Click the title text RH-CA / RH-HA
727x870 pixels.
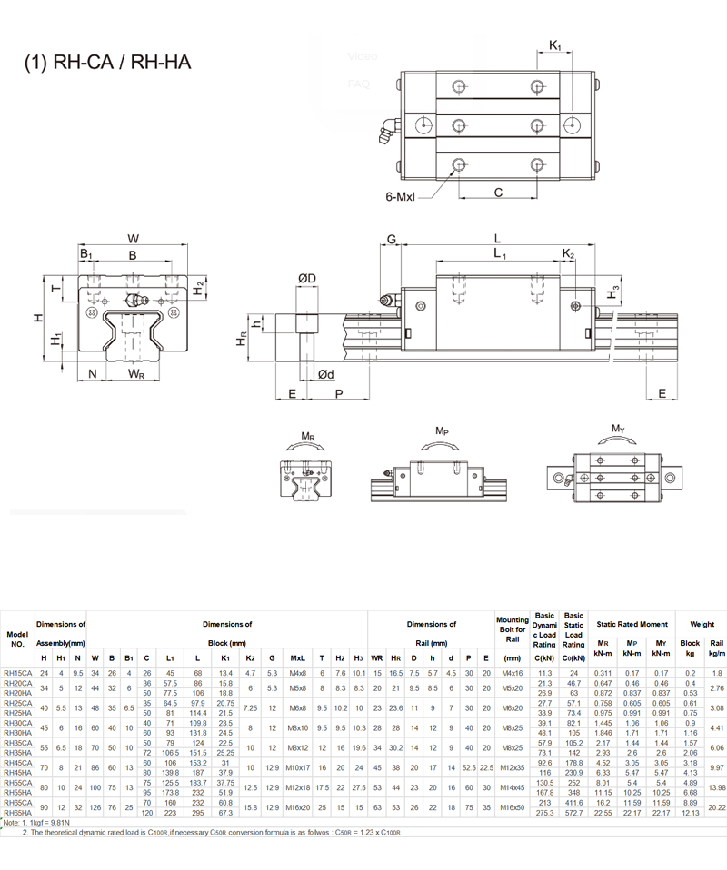pos(107,63)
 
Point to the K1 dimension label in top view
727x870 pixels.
pos(555,43)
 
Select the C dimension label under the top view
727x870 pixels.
pos(499,192)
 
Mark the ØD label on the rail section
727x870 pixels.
pos(306,277)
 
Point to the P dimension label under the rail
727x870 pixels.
pos(338,393)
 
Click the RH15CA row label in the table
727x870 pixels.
pos(17,672)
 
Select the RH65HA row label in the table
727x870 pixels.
pos(17,812)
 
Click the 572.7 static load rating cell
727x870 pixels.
pos(574,812)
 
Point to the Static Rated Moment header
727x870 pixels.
pos(631,624)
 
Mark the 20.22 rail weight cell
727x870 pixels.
pos(716,807)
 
